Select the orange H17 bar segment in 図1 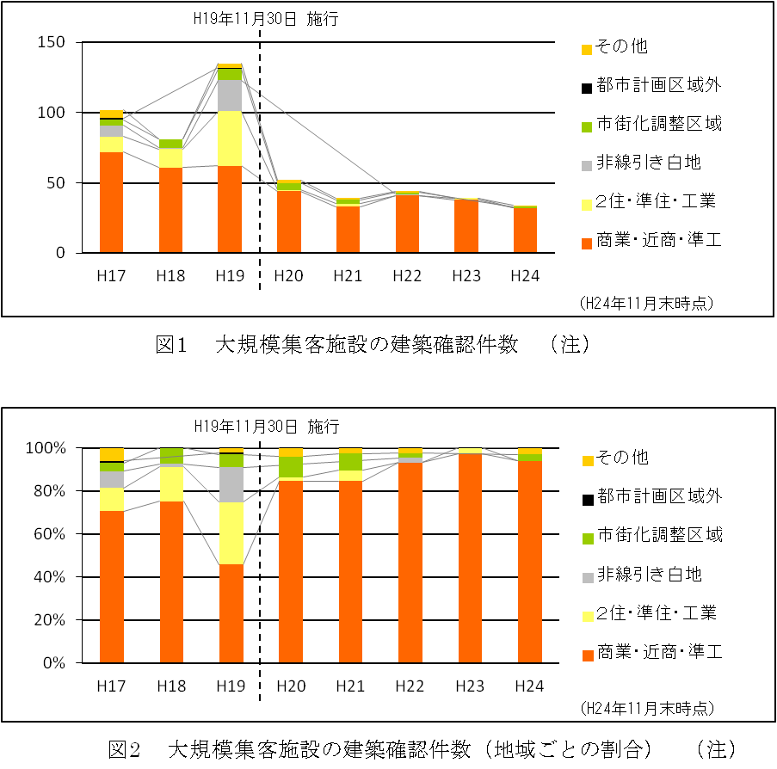[x=112, y=202]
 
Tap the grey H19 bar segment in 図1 [x=230, y=95]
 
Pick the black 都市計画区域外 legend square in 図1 [x=586, y=87]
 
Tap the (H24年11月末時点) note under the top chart [x=647, y=302]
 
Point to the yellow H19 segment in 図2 [x=230, y=533]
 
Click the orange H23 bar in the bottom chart [x=466, y=558]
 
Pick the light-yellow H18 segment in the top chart [x=170, y=158]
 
